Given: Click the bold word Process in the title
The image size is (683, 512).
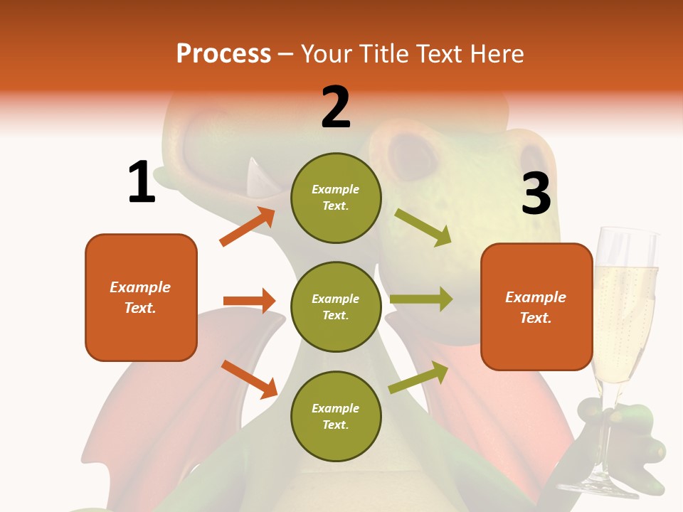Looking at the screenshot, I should click(x=223, y=53).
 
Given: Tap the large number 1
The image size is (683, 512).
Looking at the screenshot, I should click(x=142, y=182).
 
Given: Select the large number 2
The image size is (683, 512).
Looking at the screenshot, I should click(x=336, y=107).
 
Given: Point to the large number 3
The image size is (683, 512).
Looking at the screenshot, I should click(x=536, y=193).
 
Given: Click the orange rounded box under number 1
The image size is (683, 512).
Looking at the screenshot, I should click(x=141, y=297).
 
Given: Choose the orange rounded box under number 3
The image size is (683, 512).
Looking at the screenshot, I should click(x=536, y=306).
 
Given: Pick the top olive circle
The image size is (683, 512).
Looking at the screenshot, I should click(x=336, y=198).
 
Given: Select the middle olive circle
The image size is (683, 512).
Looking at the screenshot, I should click(x=336, y=306).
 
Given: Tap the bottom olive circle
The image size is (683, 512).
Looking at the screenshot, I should click(x=336, y=416).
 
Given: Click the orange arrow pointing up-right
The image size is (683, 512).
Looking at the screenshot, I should click(x=248, y=226).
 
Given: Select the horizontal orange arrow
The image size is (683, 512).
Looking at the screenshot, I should click(x=249, y=301).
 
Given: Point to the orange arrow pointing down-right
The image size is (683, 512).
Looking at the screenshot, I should click(x=249, y=379).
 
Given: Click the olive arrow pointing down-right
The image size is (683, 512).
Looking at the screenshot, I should click(x=423, y=227).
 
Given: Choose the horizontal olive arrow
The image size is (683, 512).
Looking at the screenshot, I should click(x=421, y=299).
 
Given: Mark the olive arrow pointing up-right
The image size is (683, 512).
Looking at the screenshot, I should click(x=418, y=378).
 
